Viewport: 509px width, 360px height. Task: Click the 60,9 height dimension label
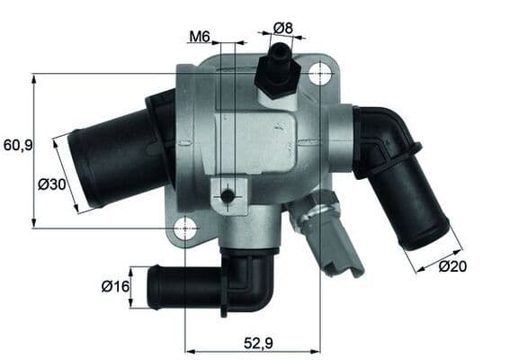tap(17, 144)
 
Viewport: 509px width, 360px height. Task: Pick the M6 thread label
tap(200, 37)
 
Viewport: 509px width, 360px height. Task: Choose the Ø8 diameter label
tap(283, 27)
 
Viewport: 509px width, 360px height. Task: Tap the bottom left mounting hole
tap(185, 228)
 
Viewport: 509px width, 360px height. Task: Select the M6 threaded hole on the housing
tap(228, 195)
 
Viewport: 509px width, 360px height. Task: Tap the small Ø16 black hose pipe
tap(180, 286)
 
